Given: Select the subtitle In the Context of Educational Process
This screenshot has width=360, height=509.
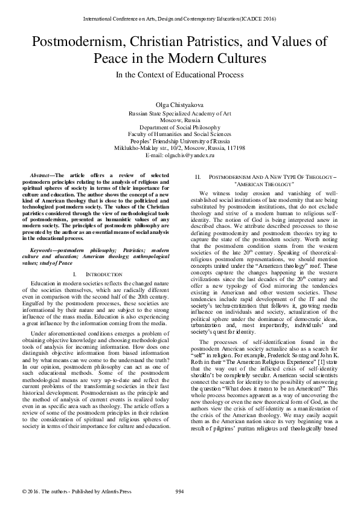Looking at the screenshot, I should click(x=180, y=75).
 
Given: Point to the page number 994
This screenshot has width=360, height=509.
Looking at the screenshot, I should click(x=180, y=490).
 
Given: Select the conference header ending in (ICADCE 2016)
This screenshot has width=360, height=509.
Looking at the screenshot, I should click(x=180, y=19).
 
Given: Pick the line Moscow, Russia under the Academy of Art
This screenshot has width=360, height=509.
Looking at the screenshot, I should click(x=180, y=120).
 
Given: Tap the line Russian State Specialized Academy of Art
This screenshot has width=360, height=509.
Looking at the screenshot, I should click(x=180, y=113).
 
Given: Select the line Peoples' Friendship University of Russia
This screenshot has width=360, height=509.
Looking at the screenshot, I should click(x=180, y=140).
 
